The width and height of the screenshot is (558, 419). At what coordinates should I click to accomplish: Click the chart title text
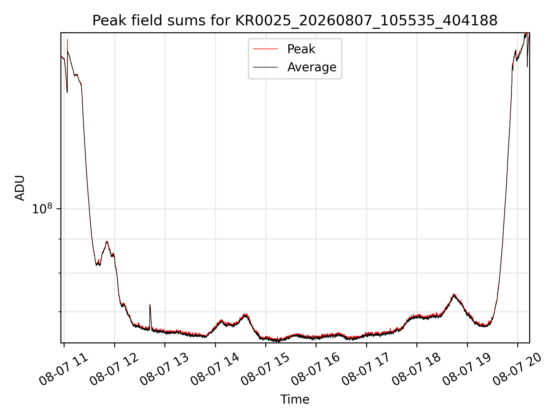295,21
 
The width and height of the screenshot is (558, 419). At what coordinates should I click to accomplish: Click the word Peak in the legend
301,49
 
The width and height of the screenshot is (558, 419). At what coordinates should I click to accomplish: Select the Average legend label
312,67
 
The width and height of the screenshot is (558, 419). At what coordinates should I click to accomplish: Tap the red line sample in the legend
265,49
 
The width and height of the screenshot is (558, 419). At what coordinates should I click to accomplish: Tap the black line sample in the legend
265,67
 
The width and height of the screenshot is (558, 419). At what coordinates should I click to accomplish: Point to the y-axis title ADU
20,188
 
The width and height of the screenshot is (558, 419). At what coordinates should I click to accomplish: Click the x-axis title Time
295,400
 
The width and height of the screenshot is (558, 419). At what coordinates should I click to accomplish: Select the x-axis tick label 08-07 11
63,370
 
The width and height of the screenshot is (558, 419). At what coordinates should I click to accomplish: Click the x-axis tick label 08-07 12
114,370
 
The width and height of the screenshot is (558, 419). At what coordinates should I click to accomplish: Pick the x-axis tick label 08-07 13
164,370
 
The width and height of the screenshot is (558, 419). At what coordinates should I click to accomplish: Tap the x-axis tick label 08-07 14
215,370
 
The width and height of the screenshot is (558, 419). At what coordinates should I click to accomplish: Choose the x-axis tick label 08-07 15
265,370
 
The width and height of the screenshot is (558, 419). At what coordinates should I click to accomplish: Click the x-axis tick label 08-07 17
366,370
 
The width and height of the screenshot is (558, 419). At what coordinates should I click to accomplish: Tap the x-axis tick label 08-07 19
467,370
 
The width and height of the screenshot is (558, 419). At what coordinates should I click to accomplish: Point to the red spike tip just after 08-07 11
67,40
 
